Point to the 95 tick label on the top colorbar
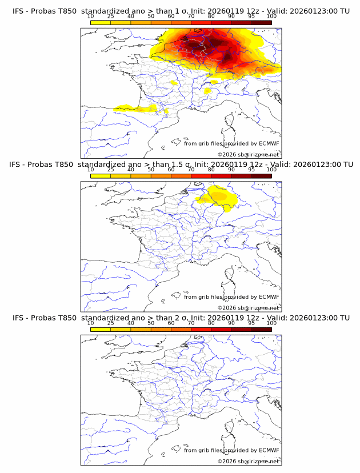pos(251,16)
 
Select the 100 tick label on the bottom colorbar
pos(271,323)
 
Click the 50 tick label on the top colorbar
pos(151,16)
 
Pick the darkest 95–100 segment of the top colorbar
pos(261,22)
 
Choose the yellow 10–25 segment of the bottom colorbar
pos(101,330)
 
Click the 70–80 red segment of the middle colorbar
pos(201,176)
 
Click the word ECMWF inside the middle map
pos(269,297)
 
